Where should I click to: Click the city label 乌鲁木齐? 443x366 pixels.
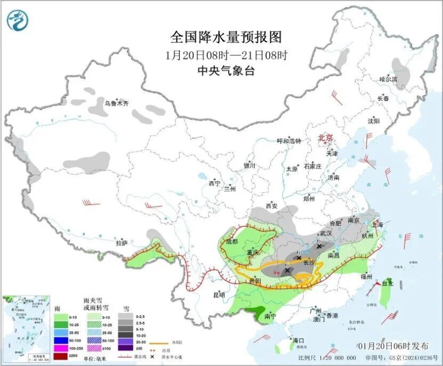(116, 103)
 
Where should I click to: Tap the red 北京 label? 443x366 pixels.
(325, 137)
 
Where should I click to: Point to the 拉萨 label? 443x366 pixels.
(121, 243)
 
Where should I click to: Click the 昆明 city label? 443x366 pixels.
(219, 295)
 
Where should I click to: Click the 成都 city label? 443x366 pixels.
(231, 241)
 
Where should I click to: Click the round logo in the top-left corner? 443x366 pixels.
(18, 20)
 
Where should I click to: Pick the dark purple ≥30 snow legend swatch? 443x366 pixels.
(126, 348)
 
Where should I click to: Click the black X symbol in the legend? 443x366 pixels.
(152, 356)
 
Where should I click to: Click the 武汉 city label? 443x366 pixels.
(325, 233)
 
